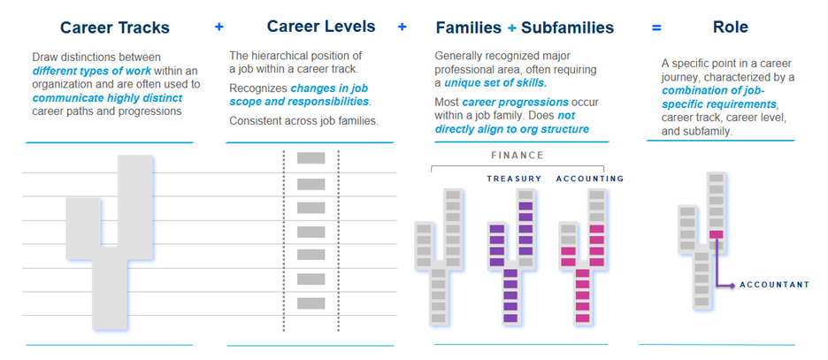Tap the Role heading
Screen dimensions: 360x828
click(730, 27)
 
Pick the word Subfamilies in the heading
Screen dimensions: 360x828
click(567, 27)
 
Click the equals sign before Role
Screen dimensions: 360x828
click(656, 27)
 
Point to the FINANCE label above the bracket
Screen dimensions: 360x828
click(517, 156)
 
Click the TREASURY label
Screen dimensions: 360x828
click(514, 180)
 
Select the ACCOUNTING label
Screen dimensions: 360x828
click(590, 180)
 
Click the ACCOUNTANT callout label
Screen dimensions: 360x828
click(774, 285)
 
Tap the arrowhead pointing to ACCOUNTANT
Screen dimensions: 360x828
click(732, 285)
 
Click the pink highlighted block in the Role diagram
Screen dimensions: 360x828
click(716, 234)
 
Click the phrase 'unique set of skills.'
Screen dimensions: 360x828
click(495, 83)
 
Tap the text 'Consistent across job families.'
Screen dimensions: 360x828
click(303, 120)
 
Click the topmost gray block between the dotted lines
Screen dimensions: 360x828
click(310, 159)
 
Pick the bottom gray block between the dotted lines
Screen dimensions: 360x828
click(310, 303)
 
